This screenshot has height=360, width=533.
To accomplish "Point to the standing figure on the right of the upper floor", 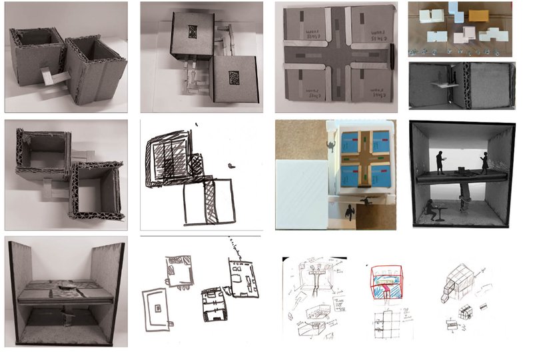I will tap(484, 163).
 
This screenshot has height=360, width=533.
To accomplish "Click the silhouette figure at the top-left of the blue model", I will tap(330, 143).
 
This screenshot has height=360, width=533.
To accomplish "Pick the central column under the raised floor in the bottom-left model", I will tap(65, 313).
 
